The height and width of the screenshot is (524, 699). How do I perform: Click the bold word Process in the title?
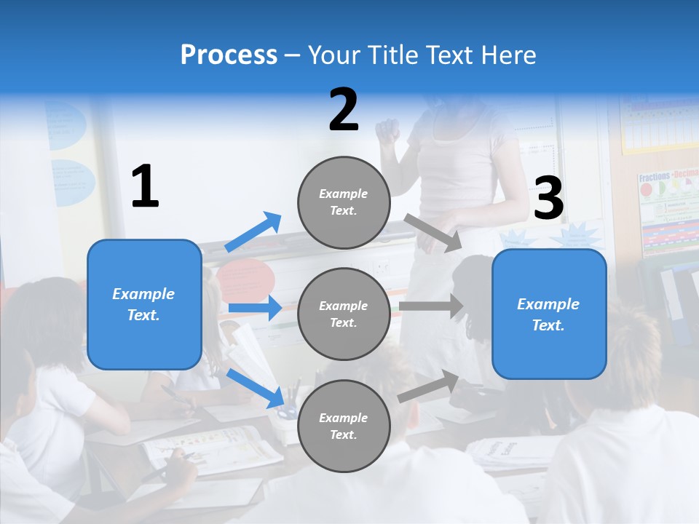(229, 55)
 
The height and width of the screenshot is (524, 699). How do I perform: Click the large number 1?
(145, 187)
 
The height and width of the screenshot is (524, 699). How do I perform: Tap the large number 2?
(344, 111)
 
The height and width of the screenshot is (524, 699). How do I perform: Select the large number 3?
(549, 199)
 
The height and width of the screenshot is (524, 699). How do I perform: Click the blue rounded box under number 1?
(144, 304)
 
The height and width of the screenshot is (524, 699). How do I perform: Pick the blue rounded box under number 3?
(549, 314)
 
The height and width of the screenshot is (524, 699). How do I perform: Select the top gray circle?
(344, 202)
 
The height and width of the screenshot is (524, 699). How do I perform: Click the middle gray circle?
(344, 314)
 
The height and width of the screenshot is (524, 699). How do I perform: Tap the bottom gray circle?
(344, 426)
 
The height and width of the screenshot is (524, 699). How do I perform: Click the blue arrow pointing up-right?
(253, 232)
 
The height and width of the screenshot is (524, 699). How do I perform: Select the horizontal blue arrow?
(255, 308)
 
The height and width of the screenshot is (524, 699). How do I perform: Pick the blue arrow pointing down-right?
(255, 388)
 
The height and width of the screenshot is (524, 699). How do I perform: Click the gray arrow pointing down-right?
(433, 233)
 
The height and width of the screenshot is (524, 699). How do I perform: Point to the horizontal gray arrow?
(431, 306)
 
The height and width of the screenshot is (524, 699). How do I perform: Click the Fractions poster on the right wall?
(667, 211)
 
